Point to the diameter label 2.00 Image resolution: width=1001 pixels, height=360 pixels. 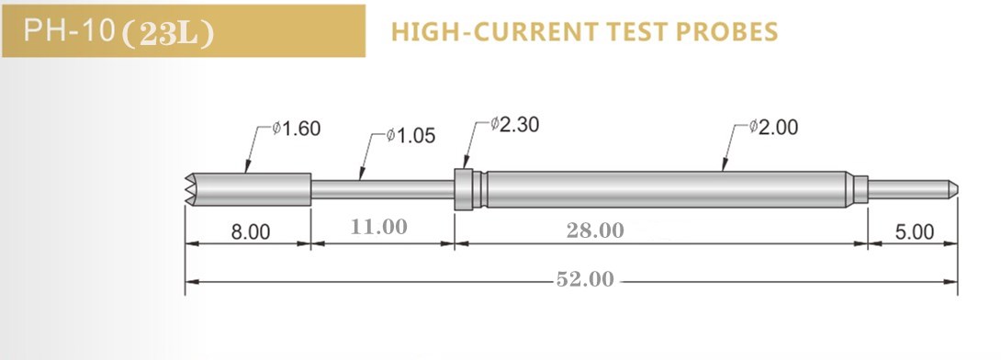(x=773, y=128)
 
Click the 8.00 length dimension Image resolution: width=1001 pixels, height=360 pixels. (x=250, y=232)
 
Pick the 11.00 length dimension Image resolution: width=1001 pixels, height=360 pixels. (x=380, y=228)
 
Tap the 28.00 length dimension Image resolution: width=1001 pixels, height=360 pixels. (x=594, y=230)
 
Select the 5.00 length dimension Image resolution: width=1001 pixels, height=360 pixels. (x=914, y=232)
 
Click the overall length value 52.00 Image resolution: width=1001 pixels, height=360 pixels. (x=584, y=279)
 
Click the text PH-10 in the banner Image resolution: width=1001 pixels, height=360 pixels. (x=69, y=32)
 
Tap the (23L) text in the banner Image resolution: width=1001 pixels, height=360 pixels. (x=167, y=33)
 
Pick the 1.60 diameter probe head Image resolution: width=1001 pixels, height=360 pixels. (x=253, y=189)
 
